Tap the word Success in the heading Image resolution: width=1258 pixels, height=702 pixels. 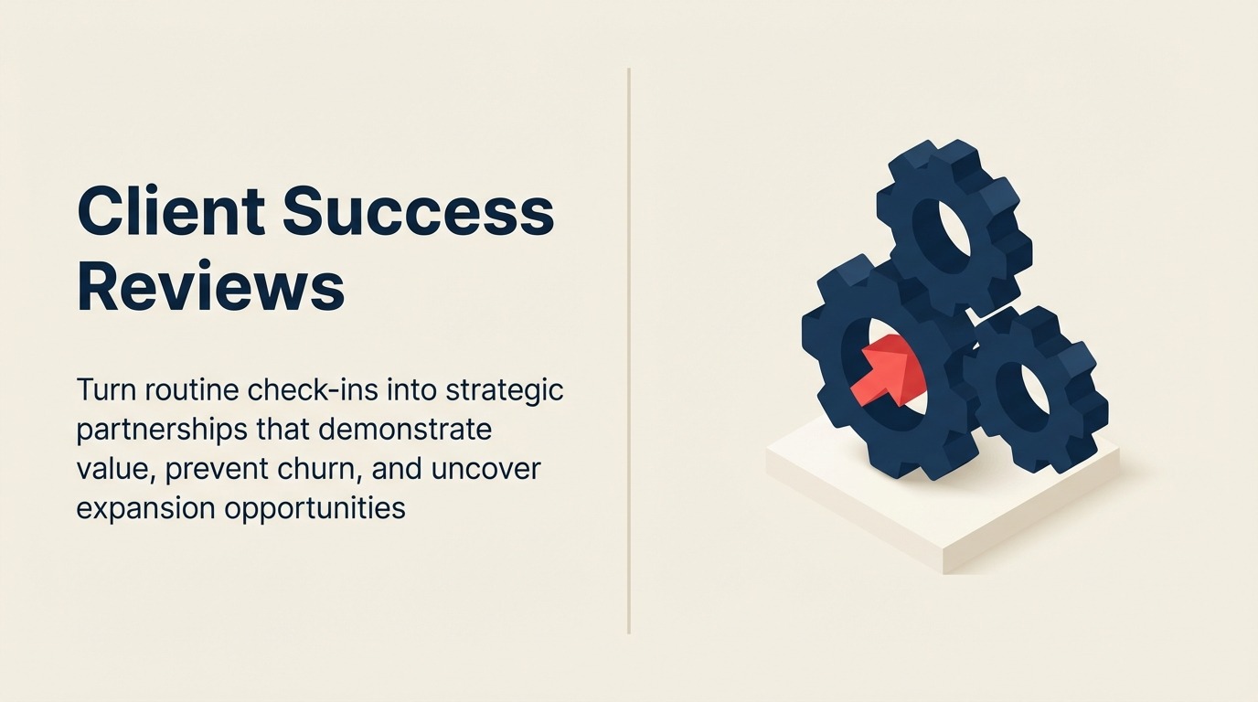(x=418, y=212)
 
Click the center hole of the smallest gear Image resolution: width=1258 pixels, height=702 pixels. (x=1030, y=393)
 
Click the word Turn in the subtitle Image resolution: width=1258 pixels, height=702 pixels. (x=106, y=390)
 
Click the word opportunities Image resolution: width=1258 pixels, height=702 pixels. (x=314, y=508)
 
